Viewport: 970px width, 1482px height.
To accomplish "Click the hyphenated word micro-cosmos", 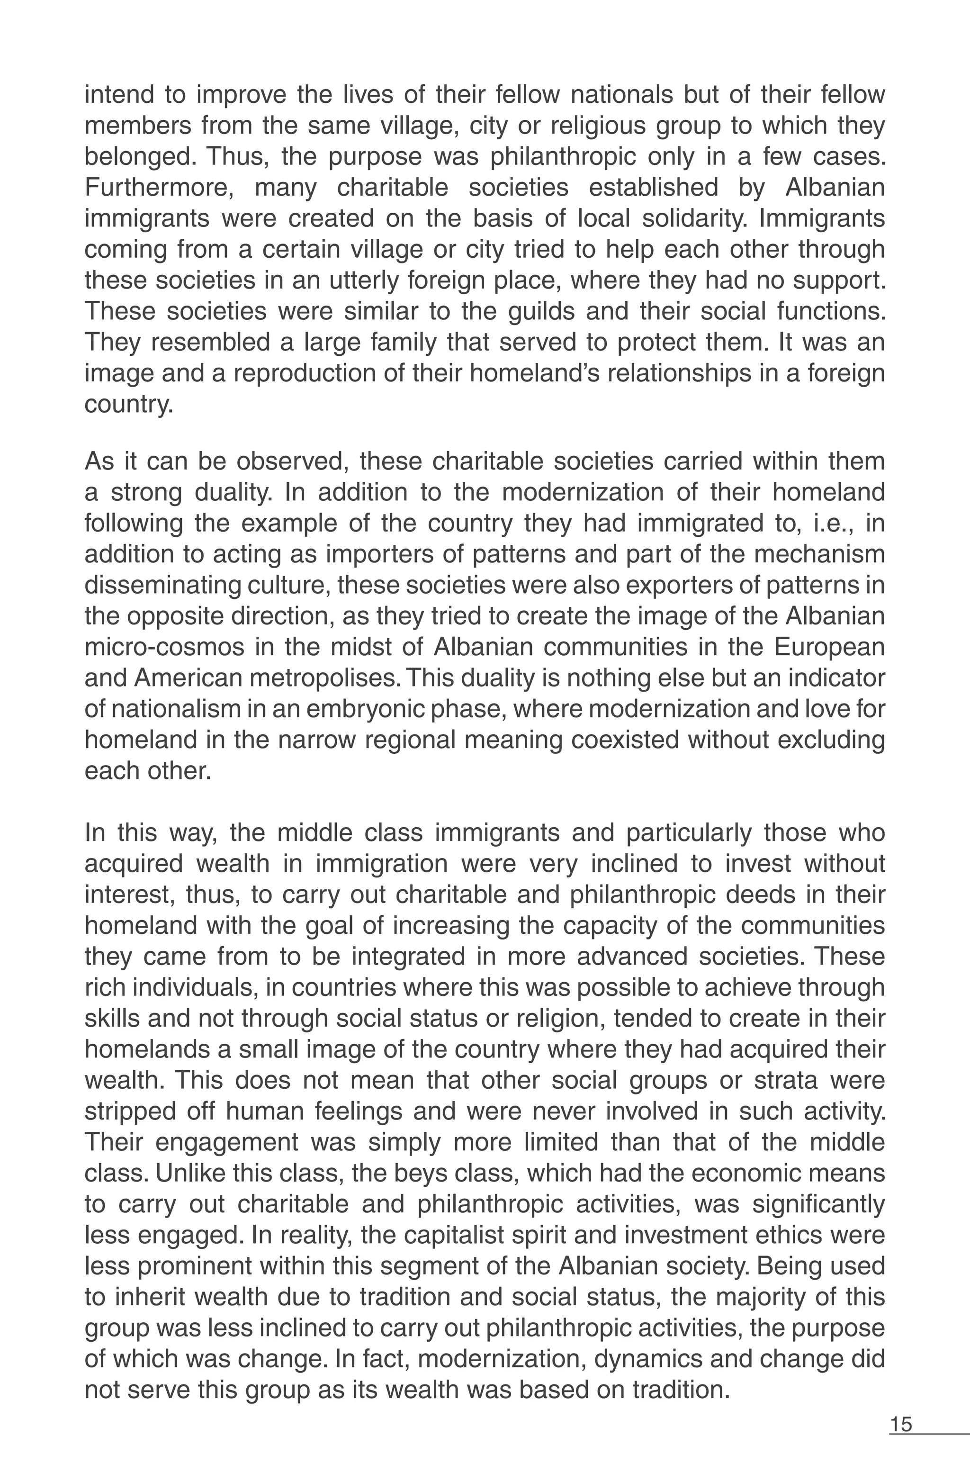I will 165,647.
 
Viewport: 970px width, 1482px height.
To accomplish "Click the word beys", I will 422,1174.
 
